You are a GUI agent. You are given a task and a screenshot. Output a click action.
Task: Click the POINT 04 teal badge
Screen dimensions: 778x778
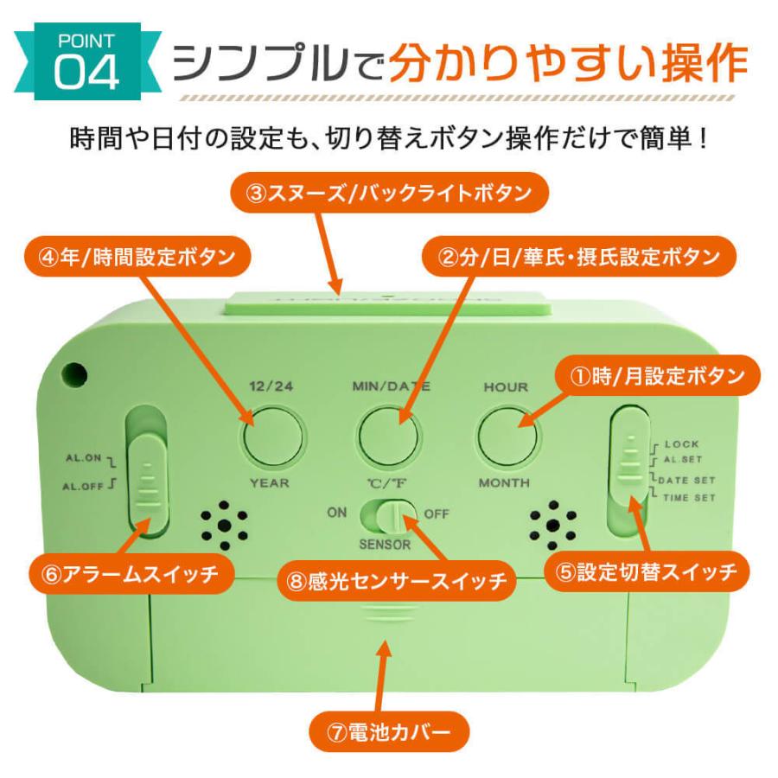[x=86, y=61]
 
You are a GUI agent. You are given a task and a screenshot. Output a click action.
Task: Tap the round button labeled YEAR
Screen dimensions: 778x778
[x=273, y=437]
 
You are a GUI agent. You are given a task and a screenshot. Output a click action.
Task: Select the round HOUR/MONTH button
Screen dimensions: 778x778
[x=507, y=437]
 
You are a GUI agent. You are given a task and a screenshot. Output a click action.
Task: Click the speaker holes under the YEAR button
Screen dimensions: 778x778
[x=224, y=526]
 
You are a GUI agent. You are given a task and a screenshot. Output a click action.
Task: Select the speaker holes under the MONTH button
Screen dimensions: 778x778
[x=552, y=526]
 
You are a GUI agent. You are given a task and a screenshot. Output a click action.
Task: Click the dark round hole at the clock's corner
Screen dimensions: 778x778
[x=74, y=374]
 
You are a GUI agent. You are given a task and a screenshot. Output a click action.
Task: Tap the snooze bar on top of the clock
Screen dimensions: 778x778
[x=387, y=303]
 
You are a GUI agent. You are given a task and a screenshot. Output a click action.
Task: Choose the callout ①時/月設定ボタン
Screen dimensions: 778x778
[x=658, y=376]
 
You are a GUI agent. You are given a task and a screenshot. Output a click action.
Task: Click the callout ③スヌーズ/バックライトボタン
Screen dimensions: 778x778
[x=390, y=193]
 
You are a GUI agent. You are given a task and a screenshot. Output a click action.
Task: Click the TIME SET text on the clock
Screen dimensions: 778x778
[x=689, y=498]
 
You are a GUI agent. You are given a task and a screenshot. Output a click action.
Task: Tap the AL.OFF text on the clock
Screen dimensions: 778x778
[x=83, y=486]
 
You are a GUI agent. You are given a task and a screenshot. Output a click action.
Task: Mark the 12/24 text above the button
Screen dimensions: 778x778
[x=271, y=386]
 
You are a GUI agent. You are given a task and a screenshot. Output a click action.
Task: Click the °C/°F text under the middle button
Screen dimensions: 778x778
[x=387, y=482]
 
